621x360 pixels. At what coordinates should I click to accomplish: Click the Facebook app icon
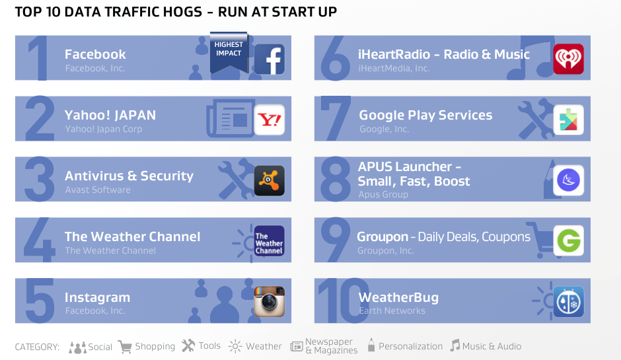point(270,59)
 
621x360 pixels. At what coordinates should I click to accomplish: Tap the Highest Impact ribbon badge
point(229,52)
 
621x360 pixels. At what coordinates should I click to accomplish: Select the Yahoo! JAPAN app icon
point(270,120)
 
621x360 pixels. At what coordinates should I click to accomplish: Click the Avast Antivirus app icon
point(270,180)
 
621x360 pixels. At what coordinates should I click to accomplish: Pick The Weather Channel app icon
point(270,241)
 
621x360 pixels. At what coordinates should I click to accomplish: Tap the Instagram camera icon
point(270,302)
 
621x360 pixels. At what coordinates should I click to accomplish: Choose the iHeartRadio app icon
point(568,59)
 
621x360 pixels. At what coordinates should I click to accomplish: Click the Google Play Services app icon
point(568,120)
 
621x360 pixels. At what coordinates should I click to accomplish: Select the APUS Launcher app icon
point(568,180)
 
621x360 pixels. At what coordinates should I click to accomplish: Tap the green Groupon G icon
point(568,241)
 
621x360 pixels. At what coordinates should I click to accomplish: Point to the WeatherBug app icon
point(568,302)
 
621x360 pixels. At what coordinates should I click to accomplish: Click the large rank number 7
point(335,118)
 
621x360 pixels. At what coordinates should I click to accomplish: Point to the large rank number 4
point(39,239)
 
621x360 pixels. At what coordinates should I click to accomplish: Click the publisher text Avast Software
point(98,190)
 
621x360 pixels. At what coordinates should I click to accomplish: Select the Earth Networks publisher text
point(392,311)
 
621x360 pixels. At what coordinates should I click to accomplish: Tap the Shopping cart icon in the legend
point(125,347)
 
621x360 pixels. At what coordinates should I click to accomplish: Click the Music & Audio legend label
point(492,346)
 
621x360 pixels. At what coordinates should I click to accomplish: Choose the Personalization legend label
point(410,346)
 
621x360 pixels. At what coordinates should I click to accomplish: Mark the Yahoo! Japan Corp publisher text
point(104,129)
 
